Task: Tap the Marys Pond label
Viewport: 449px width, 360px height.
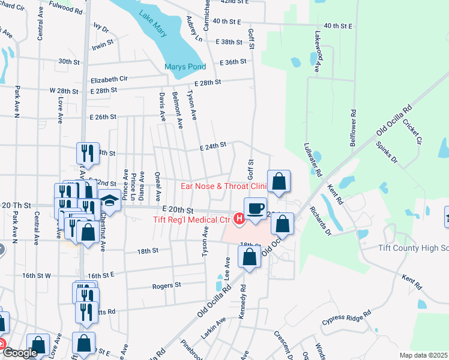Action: click(185, 67)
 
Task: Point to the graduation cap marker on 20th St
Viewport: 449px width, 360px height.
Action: click(110, 200)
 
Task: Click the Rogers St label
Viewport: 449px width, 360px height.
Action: click(166, 286)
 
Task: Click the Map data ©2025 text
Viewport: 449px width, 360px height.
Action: click(423, 355)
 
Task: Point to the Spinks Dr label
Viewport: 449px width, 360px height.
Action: click(387, 152)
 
